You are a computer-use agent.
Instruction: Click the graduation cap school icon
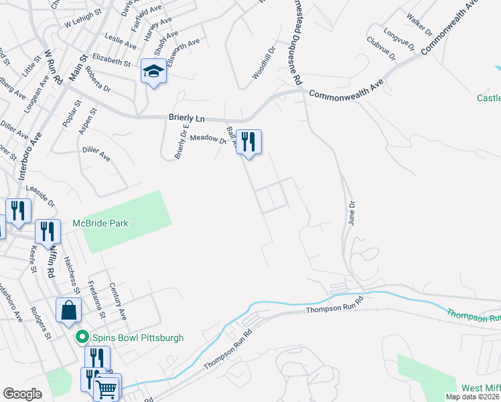pyautogui.click(x=153, y=72)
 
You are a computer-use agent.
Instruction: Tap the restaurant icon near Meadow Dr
pyautogui.click(x=248, y=142)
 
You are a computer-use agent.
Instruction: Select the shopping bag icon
pyautogui.click(x=69, y=311)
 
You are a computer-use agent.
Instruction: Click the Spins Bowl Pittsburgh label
pyautogui.click(x=138, y=338)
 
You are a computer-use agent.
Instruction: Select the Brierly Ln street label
pyautogui.click(x=186, y=118)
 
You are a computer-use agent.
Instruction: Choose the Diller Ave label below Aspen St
pyautogui.click(x=96, y=152)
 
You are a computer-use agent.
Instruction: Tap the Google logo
pyautogui.click(x=22, y=394)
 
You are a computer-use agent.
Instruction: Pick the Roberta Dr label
pyautogui.click(x=98, y=82)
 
